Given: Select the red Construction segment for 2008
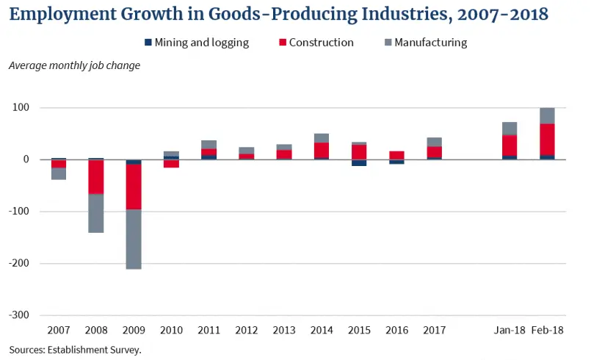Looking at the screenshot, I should point(95,177).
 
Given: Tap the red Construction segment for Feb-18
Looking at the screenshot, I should point(547,139).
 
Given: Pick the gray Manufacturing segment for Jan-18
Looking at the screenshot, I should point(509,129).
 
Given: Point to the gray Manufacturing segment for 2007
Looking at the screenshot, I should point(59,173).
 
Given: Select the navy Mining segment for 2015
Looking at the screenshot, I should point(359,162).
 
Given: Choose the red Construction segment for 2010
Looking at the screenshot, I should point(171,164).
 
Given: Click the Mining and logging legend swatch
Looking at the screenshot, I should point(148,43).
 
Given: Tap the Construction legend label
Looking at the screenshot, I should point(321,43).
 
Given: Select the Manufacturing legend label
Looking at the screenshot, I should point(430,43).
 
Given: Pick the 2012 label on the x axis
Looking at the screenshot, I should point(246,330).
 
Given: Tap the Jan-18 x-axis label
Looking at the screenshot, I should point(509,330).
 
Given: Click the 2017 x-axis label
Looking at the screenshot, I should point(434,330).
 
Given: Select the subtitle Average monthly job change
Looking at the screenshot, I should point(74,65).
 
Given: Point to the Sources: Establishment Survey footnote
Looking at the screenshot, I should point(75,350).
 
